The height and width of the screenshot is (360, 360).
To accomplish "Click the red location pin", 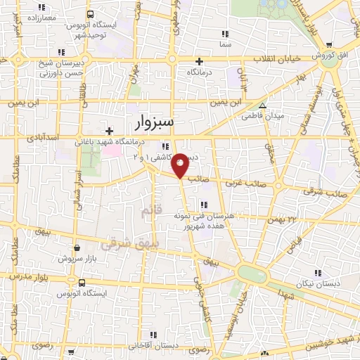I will (x=181, y=165).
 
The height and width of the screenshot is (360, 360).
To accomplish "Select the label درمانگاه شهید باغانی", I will (x=112, y=142).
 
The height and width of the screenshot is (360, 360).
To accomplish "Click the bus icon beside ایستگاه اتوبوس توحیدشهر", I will (x=89, y=15).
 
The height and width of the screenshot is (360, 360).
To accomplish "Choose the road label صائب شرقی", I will (x=328, y=190).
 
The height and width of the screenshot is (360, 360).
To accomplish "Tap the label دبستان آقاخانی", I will (x=161, y=347).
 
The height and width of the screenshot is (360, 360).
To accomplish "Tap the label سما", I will (x=225, y=45).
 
